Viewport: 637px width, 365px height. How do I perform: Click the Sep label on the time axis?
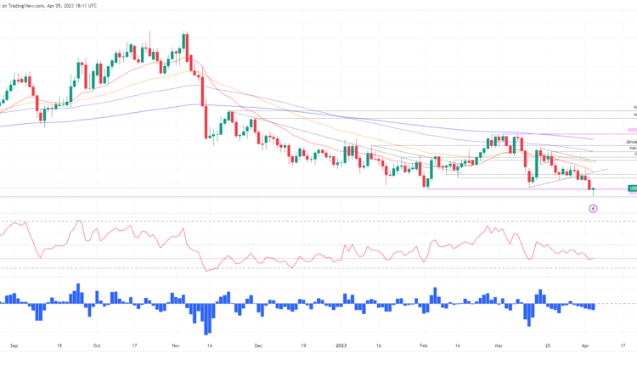point(14,345)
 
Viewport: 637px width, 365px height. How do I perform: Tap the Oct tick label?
point(96,345)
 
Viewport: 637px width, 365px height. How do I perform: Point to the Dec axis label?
point(257,345)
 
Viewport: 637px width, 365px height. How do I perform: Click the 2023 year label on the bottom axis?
point(341,345)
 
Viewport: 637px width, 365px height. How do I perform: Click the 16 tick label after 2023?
point(381,345)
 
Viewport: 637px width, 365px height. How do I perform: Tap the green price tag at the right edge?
point(632,188)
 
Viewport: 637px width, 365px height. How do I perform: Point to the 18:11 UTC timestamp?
point(131,5)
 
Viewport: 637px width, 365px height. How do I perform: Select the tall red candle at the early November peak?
point(185,42)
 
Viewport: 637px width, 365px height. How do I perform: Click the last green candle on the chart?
point(593,190)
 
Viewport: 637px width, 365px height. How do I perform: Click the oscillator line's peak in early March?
point(488,226)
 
